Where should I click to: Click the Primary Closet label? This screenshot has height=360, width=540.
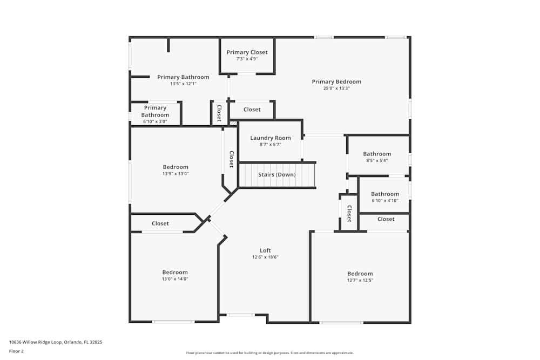click(x=247, y=52)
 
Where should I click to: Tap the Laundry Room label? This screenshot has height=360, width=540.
click(x=270, y=138)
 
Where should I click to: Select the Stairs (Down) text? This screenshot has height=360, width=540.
click(x=276, y=175)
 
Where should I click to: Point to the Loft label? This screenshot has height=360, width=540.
click(x=265, y=250)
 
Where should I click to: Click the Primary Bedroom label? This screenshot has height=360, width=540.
click(x=336, y=82)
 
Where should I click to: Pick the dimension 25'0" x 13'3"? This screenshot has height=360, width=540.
click(x=336, y=89)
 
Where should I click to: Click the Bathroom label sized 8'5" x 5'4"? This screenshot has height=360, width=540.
click(x=377, y=154)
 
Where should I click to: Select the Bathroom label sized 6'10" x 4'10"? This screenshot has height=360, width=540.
click(x=384, y=194)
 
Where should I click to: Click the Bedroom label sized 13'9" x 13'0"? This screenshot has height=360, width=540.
click(x=175, y=167)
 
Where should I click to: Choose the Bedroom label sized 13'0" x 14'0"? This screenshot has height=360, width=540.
click(x=175, y=273)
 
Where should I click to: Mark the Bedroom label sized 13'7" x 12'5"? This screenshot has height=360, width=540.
click(x=360, y=274)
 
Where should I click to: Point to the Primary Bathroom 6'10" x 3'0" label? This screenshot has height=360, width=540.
click(x=155, y=112)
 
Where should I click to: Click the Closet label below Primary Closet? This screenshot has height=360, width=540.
click(x=252, y=110)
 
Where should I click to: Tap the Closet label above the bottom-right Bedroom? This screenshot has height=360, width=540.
click(x=386, y=219)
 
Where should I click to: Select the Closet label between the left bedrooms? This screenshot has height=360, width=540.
click(x=160, y=223)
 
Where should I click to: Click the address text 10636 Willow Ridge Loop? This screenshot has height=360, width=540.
click(x=56, y=342)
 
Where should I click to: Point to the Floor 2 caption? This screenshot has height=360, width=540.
click(x=16, y=351)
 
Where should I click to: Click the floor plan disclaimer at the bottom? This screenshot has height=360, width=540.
click(x=269, y=353)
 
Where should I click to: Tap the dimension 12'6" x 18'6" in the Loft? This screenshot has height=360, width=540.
click(x=265, y=257)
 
